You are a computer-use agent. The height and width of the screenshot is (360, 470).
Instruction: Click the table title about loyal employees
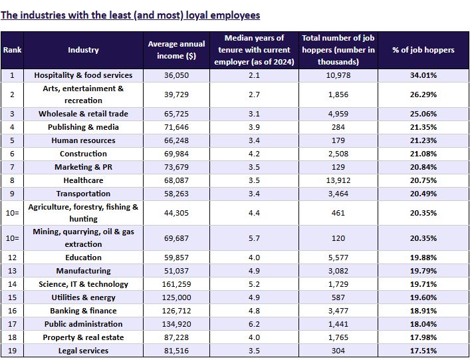[130, 15]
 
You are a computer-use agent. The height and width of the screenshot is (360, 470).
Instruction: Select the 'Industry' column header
[83, 50]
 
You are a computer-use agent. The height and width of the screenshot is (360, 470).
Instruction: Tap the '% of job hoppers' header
[423, 50]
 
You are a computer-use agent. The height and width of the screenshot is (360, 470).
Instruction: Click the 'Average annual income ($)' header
[177, 50]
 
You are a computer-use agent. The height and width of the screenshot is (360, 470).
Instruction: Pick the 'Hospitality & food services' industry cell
[83, 75]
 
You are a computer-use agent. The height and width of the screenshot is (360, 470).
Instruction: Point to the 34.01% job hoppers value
[423, 75]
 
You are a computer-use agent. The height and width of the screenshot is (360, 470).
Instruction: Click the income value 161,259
[177, 284]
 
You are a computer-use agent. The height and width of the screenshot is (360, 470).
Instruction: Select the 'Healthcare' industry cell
[83, 180]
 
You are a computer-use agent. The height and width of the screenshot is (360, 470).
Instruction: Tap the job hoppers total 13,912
[338, 180]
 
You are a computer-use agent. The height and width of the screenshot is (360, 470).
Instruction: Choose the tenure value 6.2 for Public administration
[254, 324]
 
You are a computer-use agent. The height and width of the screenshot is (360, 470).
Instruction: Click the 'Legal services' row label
[83, 351]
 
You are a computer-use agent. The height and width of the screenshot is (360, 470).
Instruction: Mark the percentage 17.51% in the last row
[423, 351]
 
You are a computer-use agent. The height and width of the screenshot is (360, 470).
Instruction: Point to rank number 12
[12, 258]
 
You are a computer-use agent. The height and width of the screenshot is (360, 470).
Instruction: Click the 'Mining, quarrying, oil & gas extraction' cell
[83, 238]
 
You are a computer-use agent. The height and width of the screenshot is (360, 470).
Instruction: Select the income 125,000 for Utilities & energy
[177, 297]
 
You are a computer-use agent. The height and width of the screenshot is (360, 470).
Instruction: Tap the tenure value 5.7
[254, 238]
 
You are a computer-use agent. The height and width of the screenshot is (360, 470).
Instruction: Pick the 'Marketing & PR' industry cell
[83, 167]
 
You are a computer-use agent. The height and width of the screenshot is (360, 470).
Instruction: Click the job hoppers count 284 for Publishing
[338, 127]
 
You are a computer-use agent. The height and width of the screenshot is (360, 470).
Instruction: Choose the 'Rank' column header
[12, 50]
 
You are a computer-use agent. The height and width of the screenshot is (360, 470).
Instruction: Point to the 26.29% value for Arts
[423, 94]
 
